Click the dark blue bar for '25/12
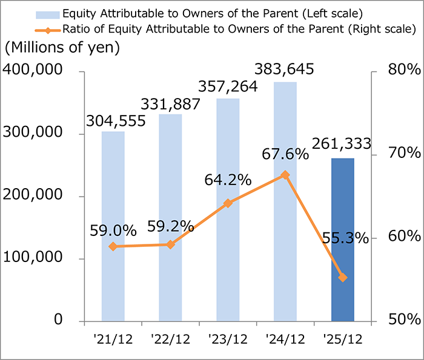(343, 239)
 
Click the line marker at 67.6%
(285, 175)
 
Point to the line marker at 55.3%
(343, 278)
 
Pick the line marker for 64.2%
(228, 203)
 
